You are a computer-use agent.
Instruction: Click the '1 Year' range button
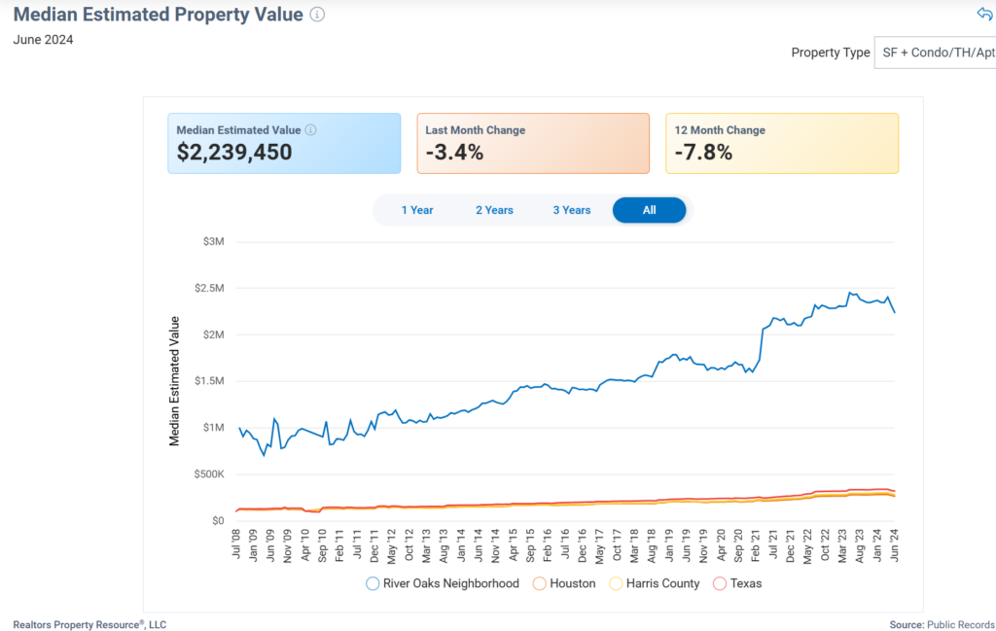click(417, 210)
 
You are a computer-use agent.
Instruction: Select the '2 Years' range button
click(494, 210)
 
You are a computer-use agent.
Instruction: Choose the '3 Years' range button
click(572, 210)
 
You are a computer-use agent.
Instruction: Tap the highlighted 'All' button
click(649, 210)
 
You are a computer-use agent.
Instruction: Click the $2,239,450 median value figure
click(234, 153)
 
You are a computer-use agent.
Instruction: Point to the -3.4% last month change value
click(454, 153)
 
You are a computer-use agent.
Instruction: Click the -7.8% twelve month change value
click(703, 153)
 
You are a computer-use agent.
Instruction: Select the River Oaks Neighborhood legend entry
click(443, 583)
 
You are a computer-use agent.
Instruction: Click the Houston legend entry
click(564, 583)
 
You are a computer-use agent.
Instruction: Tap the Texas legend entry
click(737, 583)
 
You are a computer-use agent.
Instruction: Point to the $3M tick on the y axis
click(211, 241)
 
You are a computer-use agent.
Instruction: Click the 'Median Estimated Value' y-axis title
click(175, 381)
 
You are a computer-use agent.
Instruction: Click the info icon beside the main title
click(317, 15)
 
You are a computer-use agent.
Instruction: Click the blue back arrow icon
click(984, 14)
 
